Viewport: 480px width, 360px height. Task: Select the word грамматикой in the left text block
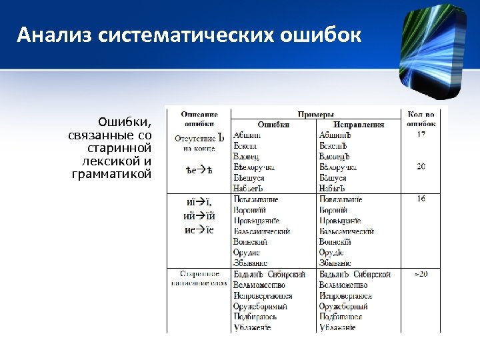tap(111, 175)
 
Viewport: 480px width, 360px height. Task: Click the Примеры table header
tap(315, 115)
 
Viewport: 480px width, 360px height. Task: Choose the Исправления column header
tap(359, 125)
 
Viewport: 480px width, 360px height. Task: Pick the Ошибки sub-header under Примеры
tap(273, 125)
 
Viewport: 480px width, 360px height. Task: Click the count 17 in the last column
tap(421, 135)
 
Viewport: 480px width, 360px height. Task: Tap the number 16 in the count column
tap(421, 199)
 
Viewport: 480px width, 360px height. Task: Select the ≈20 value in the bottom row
tap(421, 274)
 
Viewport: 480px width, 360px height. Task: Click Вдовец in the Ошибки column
tap(247, 157)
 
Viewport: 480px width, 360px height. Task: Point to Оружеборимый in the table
tap(261, 306)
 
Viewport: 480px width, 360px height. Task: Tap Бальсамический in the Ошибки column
tap(262, 231)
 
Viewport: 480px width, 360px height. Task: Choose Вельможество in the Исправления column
tap(344, 285)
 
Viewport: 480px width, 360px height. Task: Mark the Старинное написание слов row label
tap(199, 279)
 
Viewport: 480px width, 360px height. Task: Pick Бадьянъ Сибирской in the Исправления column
tap(355, 274)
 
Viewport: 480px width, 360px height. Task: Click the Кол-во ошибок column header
tap(421, 119)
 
